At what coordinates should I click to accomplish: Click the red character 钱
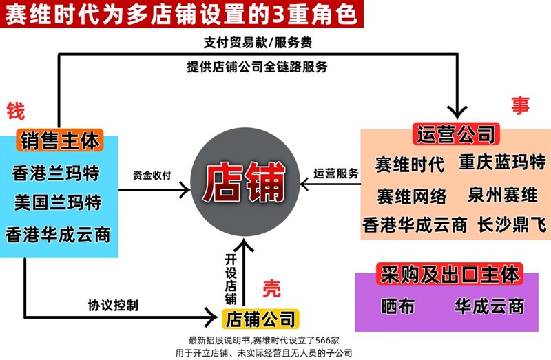(16, 111)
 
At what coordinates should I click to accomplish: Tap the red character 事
(520, 105)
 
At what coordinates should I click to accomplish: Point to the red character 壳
(271, 288)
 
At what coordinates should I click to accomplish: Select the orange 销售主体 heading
(59, 140)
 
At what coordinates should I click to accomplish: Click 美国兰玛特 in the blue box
(58, 202)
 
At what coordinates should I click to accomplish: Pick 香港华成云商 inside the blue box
(58, 235)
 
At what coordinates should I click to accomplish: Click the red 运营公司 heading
(456, 134)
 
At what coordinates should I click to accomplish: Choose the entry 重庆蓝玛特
(503, 162)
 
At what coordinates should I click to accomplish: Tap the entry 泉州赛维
(503, 195)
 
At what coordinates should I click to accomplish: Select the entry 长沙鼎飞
(512, 224)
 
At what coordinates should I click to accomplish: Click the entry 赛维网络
(412, 196)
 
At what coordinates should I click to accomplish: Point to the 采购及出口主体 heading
(450, 274)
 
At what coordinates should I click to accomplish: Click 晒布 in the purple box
(398, 306)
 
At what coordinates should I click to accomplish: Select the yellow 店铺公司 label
(260, 319)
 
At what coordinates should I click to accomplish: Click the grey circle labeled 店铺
(245, 182)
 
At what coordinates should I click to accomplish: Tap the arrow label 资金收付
(152, 175)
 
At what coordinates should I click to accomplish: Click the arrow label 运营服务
(336, 173)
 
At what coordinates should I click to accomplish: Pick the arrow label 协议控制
(113, 305)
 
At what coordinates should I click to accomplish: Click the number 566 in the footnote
(323, 340)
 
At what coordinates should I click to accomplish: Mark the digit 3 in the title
(278, 14)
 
